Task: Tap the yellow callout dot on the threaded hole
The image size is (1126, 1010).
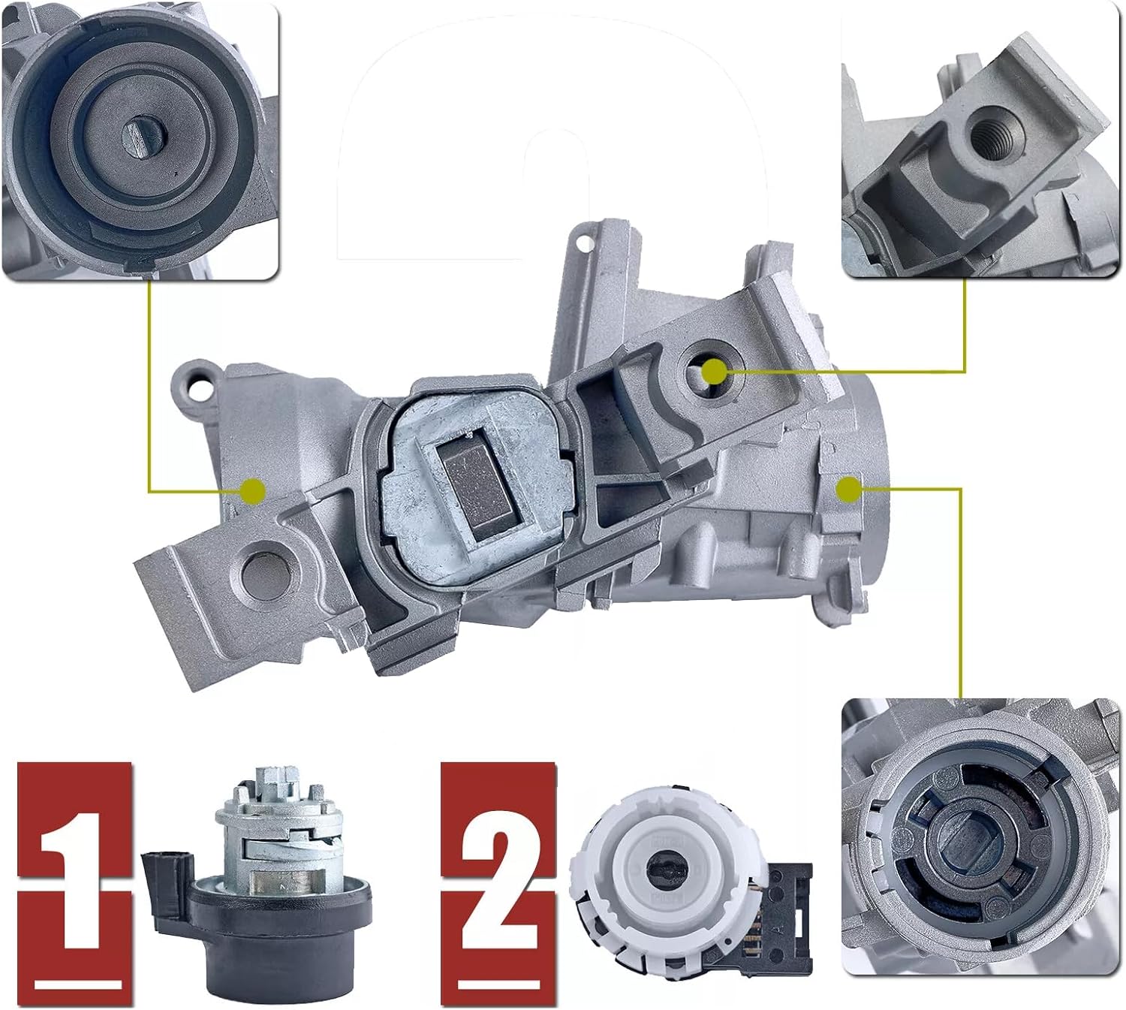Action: pos(715,371)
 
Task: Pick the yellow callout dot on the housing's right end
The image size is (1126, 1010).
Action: pos(849,490)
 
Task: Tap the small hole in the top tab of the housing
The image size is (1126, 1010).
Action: pos(580,243)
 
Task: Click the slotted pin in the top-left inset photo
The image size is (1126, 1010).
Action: pos(143,139)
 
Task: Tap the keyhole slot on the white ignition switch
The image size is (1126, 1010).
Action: pos(662,869)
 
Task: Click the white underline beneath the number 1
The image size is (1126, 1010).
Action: pos(78,984)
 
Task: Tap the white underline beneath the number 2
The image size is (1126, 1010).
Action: pos(499,984)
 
